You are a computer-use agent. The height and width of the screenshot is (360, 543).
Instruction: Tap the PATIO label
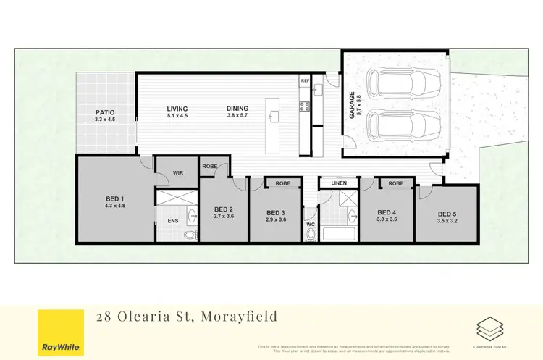(106, 113)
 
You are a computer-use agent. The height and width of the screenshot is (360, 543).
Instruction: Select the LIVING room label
(177, 109)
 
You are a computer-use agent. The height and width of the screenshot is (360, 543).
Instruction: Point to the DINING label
(237, 109)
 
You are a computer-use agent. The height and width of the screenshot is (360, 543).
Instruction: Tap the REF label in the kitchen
(305, 82)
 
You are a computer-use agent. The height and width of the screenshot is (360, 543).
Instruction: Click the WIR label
(178, 173)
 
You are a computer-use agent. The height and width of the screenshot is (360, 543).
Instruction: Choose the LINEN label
(340, 183)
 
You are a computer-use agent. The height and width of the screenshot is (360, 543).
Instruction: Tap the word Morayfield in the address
(235, 316)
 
